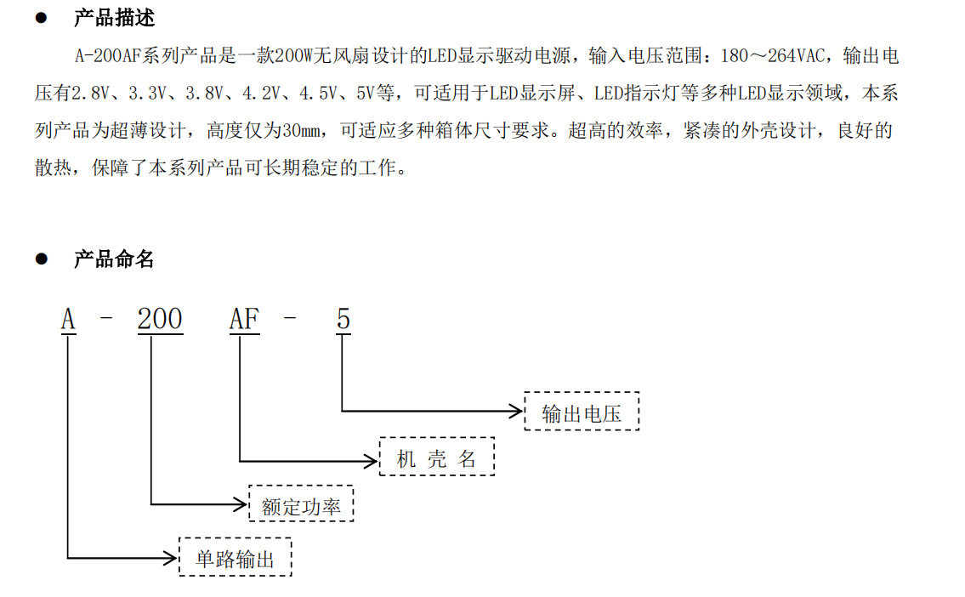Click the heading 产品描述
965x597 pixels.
coord(114,18)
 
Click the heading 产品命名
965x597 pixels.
coord(114,259)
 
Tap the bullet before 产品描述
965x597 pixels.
coord(41,18)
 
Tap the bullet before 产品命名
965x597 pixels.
coord(41,259)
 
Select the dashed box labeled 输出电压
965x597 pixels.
coord(582,411)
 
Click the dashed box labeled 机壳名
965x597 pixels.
coord(437,457)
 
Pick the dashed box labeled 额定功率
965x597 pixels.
coord(301,503)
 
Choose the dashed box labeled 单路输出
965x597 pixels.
coord(236,557)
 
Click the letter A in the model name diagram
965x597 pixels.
coord(68,320)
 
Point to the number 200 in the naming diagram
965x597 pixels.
coord(160,320)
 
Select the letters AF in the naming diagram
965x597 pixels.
coord(244,320)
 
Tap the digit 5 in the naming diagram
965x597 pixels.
coord(343,320)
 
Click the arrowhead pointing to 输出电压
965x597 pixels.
coord(516,411)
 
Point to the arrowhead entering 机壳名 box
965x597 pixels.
coord(371,461)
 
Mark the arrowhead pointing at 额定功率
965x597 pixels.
coord(240,504)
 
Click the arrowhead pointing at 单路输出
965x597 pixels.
coord(170,558)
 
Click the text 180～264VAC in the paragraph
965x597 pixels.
coord(773,56)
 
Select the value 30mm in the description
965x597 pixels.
coord(302,130)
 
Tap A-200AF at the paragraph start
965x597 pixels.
coord(108,56)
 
